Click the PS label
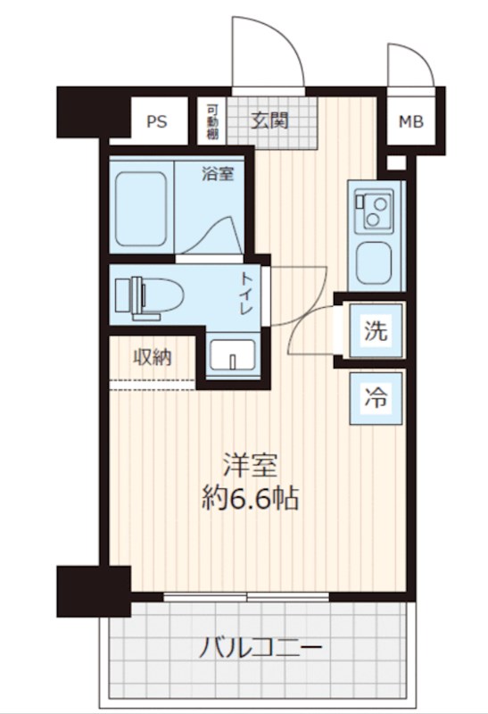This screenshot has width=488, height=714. tap(157, 121)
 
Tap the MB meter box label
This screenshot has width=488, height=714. tap(411, 121)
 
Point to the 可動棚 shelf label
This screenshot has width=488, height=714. tap(212, 122)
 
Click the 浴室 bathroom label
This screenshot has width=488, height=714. tap(218, 173)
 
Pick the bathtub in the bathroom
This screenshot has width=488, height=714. tap(140, 209)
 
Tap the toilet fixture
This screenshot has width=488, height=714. tap(149, 296)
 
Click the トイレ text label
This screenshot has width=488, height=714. tap(246, 294)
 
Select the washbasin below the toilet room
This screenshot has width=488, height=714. tap(232, 354)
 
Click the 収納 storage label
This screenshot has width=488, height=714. tap(152, 358)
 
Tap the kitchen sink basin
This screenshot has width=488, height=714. tap(374, 263)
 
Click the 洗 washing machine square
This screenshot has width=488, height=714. tap(376, 330)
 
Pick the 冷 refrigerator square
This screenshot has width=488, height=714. tap(376, 398)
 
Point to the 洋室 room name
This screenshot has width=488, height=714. tap(250, 465)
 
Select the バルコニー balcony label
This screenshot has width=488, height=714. tap(261, 647)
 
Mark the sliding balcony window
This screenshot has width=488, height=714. tap(246, 597)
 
